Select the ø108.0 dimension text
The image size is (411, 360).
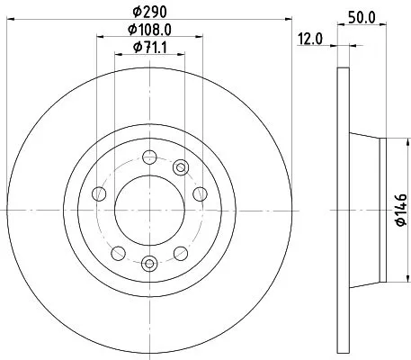(x=150, y=31)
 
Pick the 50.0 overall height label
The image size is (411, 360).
(x=361, y=15)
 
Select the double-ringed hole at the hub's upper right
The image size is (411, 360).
(x=181, y=166)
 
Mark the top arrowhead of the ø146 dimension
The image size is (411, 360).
(x=395, y=142)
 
